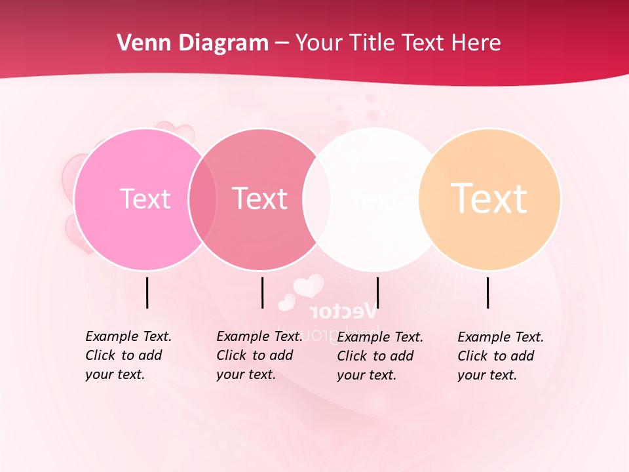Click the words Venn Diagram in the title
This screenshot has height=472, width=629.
tap(193, 43)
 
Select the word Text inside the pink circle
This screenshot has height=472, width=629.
tap(145, 199)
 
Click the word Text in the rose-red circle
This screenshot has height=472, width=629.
tap(259, 199)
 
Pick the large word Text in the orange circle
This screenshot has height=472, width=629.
tap(489, 199)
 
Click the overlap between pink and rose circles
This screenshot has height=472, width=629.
tap(202, 199)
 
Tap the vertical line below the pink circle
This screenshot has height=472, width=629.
tap(147, 292)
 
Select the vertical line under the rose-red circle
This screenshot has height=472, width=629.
tap(262, 292)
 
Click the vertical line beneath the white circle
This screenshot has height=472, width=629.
tap(378, 292)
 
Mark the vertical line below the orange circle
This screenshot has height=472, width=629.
tap(488, 292)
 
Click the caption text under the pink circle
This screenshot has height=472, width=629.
tap(128, 355)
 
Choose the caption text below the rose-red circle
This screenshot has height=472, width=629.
tap(259, 355)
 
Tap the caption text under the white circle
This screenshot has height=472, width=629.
tap(379, 356)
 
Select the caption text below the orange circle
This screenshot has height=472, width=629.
tap(500, 356)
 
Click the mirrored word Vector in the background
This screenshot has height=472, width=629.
tap(343, 310)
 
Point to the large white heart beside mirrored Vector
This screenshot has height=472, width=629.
tap(308, 286)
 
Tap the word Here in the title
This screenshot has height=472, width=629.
tap(477, 43)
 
